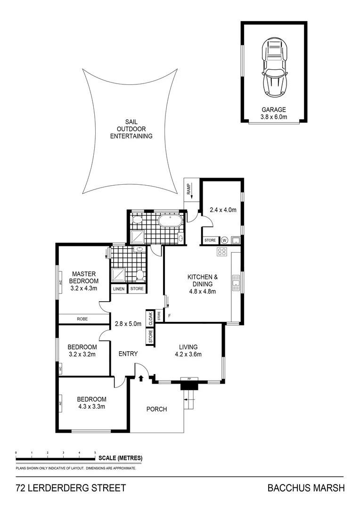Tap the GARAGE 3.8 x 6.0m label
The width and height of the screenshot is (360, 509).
pyautogui.click(x=273, y=113)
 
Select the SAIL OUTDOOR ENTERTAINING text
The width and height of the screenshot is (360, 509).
pyautogui.click(x=131, y=129)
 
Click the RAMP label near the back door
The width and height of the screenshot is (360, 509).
pyautogui.click(x=188, y=189)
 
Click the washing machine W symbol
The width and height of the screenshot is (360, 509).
pyautogui.click(x=224, y=240)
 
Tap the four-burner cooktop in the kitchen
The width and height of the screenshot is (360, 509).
pyautogui.click(x=222, y=252)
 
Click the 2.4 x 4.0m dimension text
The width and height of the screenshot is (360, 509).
pyautogui.click(x=222, y=210)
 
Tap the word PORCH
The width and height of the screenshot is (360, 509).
pyautogui.click(x=156, y=409)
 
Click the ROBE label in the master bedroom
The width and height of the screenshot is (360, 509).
pyautogui.click(x=82, y=319)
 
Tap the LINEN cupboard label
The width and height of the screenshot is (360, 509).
pyautogui.click(x=119, y=289)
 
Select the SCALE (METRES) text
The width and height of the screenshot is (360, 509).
pyautogui.click(x=121, y=458)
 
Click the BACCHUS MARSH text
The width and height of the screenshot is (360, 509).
pyautogui.click(x=306, y=488)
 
